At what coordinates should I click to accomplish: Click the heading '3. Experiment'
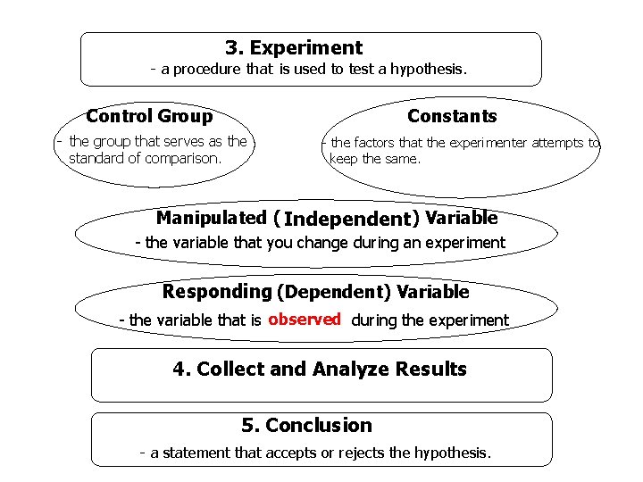(294, 48)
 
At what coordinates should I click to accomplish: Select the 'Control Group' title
(149, 116)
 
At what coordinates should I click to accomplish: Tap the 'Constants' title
(452, 116)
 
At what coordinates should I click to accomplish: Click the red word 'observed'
(305, 320)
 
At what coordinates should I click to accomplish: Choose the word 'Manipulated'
(212, 218)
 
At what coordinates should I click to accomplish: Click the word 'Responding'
(217, 292)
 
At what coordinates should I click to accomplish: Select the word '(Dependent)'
(335, 292)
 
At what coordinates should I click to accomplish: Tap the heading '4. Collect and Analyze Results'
(320, 370)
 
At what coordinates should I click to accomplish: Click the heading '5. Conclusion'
(306, 426)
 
